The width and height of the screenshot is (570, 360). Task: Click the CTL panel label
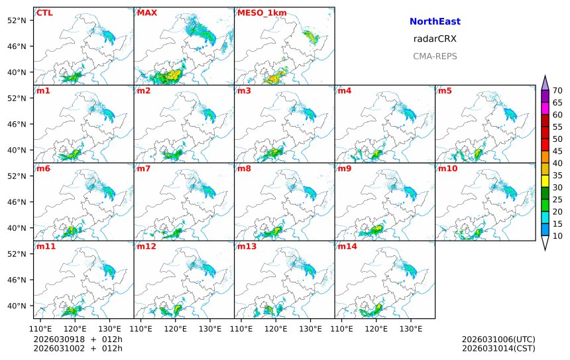pyautogui.click(x=44, y=13)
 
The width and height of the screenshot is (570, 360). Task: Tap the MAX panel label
pyautogui.click(x=146, y=13)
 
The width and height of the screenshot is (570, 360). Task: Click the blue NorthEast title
pyautogui.click(x=435, y=22)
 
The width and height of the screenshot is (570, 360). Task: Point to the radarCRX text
pyautogui.click(x=435, y=39)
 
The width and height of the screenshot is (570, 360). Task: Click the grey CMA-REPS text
pyautogui.click(x=435, y=56)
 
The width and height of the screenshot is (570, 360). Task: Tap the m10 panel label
pyautogui.click(x=447, y=168)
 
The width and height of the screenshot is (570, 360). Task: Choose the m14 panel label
pyautogui.click(x=347, y=247)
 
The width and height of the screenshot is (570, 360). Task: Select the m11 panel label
pyautogui.click(x=46, y=247)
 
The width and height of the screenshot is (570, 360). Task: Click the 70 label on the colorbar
pyautogui.click(x=557, y=91)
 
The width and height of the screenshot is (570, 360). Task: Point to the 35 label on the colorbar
pyautogui.click(x=557, y=175)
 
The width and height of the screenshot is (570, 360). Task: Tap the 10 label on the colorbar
pyautogui.click(x=557, y=236)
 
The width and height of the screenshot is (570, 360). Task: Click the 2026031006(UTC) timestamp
pyautogui.click(x=498, y=339)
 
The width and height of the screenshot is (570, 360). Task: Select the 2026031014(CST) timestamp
pyautogui.click(x=498, y=348)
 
